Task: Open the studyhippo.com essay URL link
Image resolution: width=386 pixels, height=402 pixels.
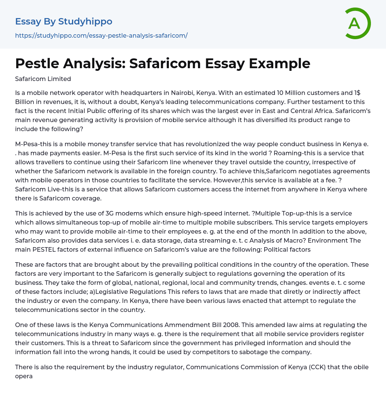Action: pos(101,35)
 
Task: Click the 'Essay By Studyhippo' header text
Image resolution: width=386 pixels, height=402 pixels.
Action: pos(64,21)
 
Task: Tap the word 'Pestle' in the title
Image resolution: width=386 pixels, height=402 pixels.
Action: pos(36,64)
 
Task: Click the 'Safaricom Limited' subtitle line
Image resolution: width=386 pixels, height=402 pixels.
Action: pos(43,79)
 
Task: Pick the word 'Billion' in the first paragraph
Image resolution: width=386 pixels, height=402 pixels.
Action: pos(25,102)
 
